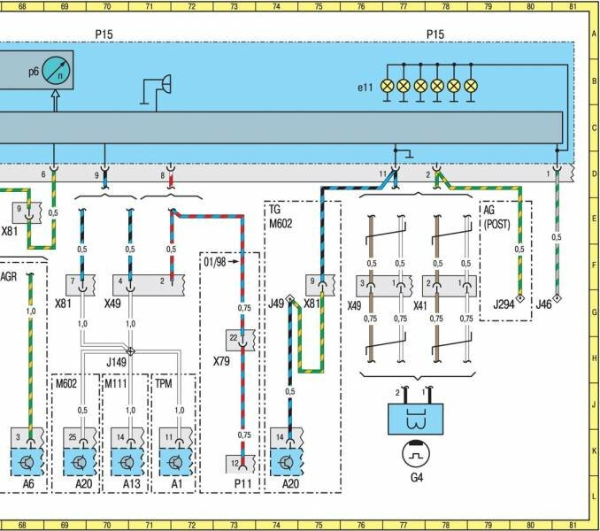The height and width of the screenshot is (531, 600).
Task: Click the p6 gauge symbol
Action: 55,69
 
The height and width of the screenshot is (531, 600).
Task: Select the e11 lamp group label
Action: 365,88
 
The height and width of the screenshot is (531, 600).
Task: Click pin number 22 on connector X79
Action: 233,337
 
